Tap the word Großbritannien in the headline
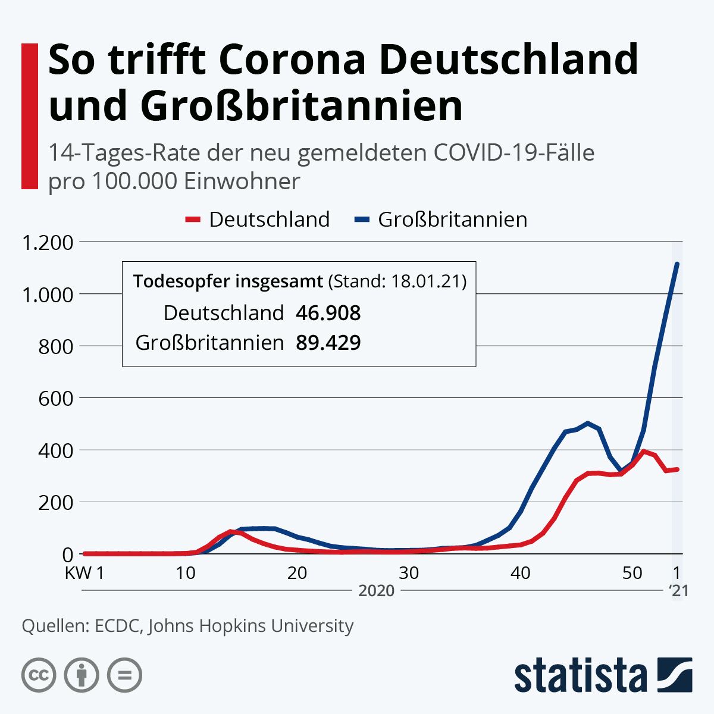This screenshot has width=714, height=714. (302, 107)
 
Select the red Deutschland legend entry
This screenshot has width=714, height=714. (257, 220)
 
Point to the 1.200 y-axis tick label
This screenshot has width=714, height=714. (46, 243)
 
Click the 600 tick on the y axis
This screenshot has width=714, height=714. (55, 398)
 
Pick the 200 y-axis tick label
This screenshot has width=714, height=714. (55, 502)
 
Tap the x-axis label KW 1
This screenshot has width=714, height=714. (84, 573)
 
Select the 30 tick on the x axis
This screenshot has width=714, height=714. (409, 573)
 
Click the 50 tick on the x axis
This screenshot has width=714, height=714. (632, 573)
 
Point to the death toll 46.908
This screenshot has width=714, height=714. (328, 313)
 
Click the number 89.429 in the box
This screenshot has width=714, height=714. (328, 343)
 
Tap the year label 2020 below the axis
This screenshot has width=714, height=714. (377, 590)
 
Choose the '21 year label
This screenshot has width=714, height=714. (678, 590)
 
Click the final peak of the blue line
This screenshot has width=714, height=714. (677, 264)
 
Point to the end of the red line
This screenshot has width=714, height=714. (677, 469)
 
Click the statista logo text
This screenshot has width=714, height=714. (581, 675)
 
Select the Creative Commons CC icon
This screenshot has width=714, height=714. (39, 675)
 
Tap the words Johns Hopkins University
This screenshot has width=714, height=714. (250, 626)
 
